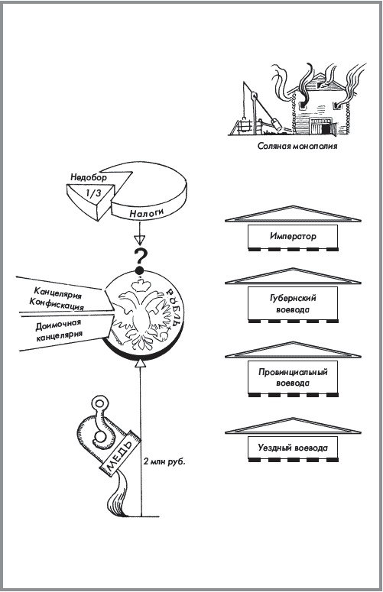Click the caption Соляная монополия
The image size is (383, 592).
point(297,146)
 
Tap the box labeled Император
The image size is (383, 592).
point(293,237)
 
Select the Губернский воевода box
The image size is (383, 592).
point(293,303)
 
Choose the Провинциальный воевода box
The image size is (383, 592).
point(293,377)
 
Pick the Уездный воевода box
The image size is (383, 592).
point(293,448)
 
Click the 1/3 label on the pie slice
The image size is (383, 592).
point(93,194)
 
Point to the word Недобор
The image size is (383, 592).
point(89,176)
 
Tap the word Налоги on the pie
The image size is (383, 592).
point(147,213)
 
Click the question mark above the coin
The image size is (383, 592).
point(140,257)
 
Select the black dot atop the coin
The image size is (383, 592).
point(140,270)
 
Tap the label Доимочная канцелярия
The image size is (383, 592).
point(59,330)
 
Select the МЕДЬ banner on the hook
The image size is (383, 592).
point(120,453)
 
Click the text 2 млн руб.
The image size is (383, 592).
point(164,461)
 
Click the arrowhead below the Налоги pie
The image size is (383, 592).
point(140,241)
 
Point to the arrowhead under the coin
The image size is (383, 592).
point(140,363)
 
